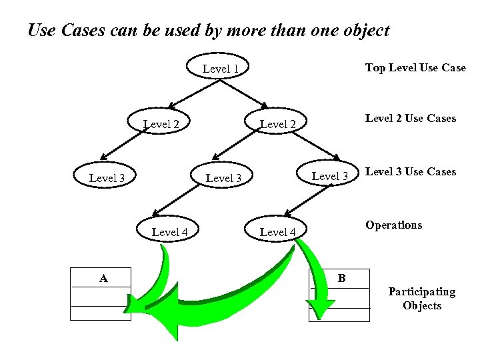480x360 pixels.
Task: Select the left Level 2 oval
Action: [161, 123]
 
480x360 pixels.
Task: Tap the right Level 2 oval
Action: [277, 124]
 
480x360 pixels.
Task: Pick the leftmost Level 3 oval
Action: [107, 177]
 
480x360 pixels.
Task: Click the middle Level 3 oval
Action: [223, 178]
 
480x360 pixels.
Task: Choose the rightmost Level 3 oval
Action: [330, 176]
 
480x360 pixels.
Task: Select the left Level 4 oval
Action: [170, 232]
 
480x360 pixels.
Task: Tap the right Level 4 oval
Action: [277, 232]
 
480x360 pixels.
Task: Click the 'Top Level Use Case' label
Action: [415, 68]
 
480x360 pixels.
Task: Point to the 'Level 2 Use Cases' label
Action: [410, 118]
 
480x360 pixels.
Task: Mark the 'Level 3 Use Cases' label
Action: [410, 171]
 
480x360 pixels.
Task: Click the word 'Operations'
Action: [393, 225]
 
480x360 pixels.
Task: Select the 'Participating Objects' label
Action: [421, 299]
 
